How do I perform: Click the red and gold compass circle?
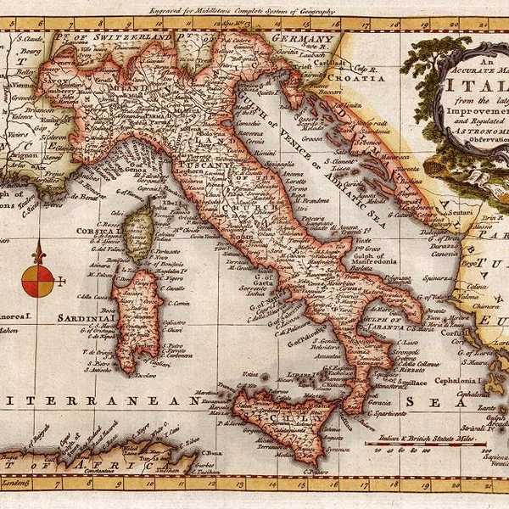tap(38, 280)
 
